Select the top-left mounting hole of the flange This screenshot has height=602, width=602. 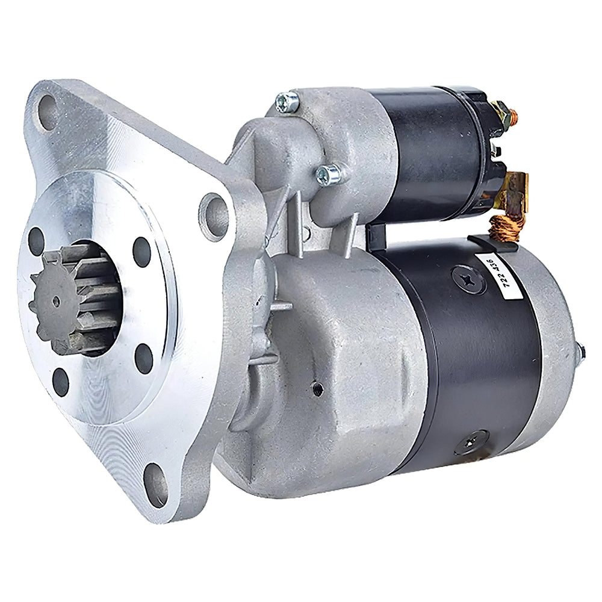pos(48,113)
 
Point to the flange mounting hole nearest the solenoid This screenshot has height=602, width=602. pos(212,211)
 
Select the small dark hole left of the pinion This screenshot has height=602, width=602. pos(36,241)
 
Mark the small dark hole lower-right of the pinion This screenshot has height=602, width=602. pos(143,356)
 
